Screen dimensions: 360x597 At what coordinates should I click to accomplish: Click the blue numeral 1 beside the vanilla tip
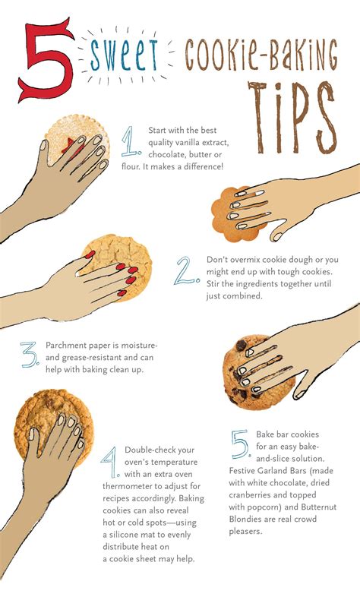click(131, 141)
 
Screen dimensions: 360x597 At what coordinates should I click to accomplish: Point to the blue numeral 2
click(186, 270)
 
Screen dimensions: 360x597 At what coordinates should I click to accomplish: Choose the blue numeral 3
click(30, 355)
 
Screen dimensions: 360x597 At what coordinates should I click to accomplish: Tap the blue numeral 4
click(110, 462)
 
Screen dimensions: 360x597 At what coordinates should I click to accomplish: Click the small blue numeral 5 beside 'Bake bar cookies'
click(241, 444)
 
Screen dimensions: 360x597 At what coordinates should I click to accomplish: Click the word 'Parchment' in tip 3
click(65, 346)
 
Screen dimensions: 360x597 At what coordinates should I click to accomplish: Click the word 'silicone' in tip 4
click(123, 535)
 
